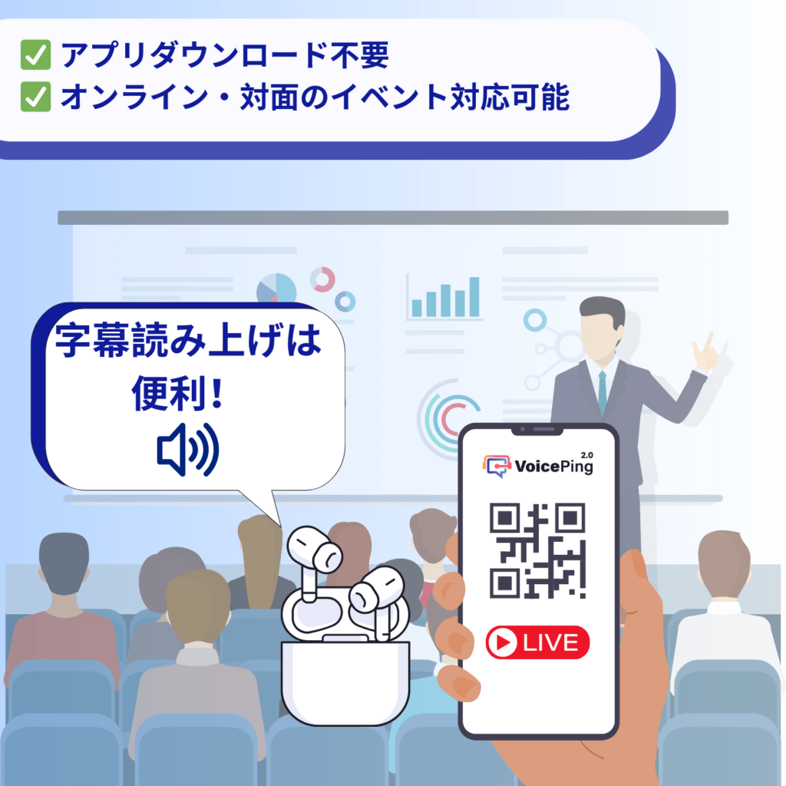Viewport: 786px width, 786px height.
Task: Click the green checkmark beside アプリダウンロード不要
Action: pos(35,56)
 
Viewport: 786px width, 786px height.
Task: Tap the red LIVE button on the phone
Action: pos(537,642)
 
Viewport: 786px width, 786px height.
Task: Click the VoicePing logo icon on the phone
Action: pos(497,465)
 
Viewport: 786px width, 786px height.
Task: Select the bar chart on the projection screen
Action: pos(445,298)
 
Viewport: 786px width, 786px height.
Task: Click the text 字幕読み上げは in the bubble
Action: pos(188,342)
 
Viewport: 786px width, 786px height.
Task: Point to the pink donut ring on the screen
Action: pos(322,279)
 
